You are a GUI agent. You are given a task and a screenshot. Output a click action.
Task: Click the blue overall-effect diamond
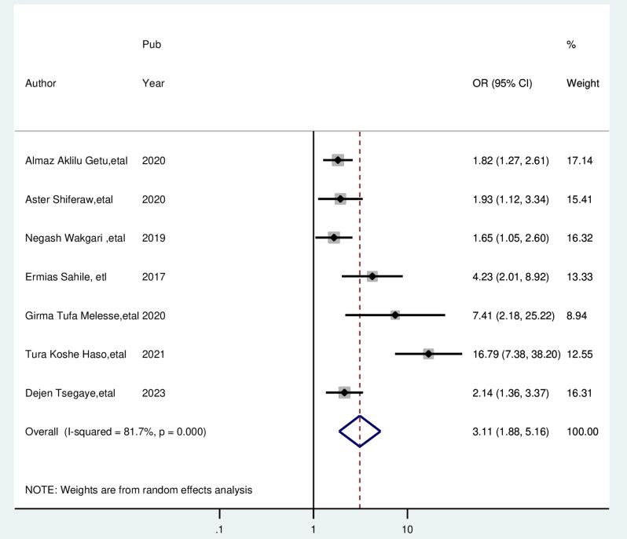[360, 431]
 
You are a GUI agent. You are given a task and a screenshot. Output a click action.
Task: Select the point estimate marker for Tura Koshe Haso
[428, 354]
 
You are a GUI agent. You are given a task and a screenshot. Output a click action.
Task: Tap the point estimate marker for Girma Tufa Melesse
[395, 315]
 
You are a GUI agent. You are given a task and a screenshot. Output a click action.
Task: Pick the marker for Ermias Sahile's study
[372, 276]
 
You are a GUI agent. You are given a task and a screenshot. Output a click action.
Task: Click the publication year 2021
[154, 354]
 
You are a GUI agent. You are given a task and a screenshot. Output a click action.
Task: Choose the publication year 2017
[154, 276]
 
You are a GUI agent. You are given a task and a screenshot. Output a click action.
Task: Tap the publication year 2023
[154, 393]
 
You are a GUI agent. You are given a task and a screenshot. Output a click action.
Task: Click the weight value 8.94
[577, 315]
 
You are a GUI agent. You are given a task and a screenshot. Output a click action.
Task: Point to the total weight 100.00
[582, 432]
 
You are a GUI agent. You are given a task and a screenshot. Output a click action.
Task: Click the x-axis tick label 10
[407, 530]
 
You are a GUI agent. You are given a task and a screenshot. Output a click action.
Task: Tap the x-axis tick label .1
[219, 530]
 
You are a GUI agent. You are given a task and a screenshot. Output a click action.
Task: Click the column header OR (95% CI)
[502, 83]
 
